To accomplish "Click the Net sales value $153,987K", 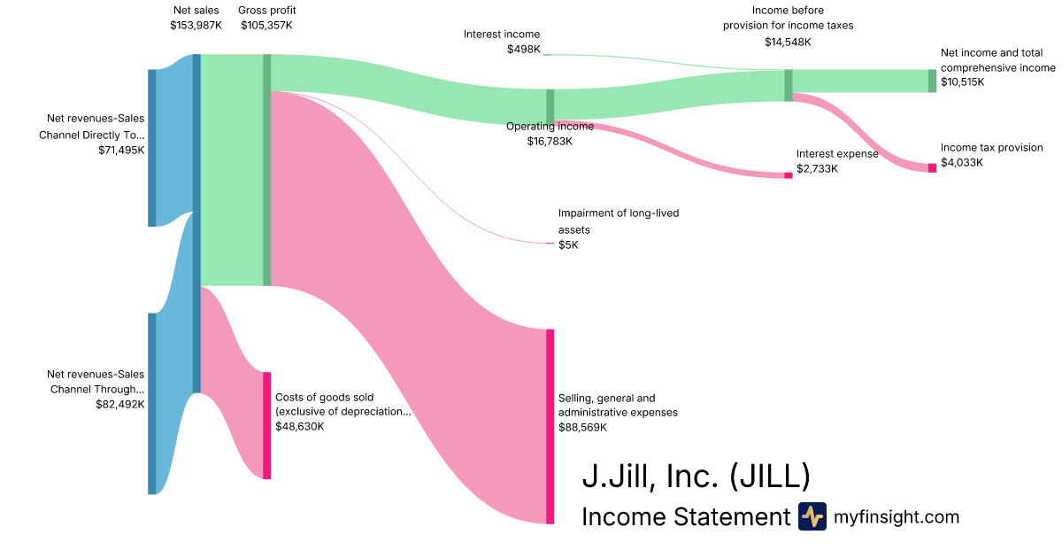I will pos(196,26).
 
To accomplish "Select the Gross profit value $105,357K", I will pos(266,26).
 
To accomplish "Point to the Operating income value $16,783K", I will pos(550,141).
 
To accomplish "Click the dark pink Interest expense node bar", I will pos(789,175).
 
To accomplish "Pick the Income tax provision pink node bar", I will pos(932,167).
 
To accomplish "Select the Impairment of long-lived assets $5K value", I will pos(568,244).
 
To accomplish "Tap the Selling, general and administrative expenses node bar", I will pos(550,426).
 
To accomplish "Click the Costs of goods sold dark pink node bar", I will pos(266,425).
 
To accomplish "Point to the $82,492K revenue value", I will pos(119,404).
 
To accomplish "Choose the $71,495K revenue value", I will pos(121,151).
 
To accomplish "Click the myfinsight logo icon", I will pos(812,516).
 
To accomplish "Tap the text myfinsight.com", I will pos(897,516).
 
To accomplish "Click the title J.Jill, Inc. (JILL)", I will pos(696,477).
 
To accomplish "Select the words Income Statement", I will pos(685,516).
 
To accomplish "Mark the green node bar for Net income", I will pos(932,81).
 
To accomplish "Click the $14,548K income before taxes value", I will pos(788,42).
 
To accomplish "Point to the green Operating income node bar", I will pos(550,105).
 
